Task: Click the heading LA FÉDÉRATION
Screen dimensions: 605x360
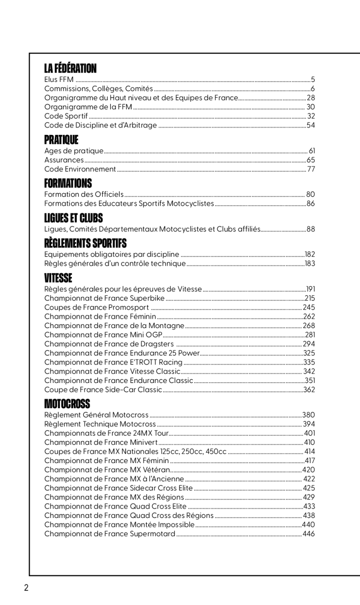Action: (x=70, y=69)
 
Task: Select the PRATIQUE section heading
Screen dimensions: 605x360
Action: (x=61, y=140)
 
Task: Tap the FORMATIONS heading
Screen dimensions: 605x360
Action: (x=68, y=183)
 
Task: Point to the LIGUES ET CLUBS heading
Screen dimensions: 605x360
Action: (x=73, y=218)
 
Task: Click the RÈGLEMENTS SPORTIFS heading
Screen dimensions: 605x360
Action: (x=85, y=243)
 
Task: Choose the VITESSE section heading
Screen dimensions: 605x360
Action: (x=58, y=278)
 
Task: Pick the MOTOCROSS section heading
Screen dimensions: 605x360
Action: (x=67, y=403)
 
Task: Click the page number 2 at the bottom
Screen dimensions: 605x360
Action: (x=27, y=587)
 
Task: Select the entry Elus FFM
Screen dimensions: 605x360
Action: (x=56, y=80)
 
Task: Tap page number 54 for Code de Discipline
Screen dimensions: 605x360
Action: (x=311, y=125)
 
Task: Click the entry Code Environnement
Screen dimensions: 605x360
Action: (x=80, y=169)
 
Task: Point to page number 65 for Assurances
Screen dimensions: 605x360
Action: (x=311, y=160)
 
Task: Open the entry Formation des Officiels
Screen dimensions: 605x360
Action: (x=84, y=194)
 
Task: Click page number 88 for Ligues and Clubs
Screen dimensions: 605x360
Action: (x=311, y=229)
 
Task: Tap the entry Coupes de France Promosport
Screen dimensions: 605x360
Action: (x=96, y=307)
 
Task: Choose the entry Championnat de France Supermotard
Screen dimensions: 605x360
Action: (x=109, y=534)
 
